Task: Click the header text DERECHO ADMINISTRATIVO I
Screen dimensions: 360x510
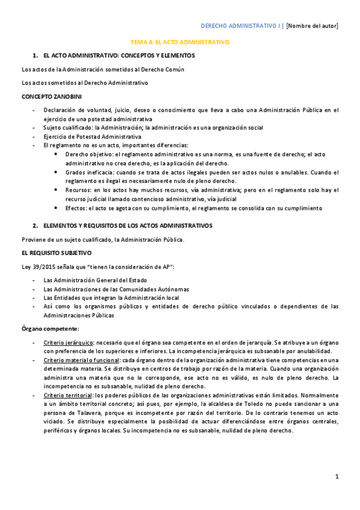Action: [241, 25]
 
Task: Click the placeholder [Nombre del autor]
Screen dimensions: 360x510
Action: [312, 25]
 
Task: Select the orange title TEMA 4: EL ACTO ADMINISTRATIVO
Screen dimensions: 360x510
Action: [180, 43]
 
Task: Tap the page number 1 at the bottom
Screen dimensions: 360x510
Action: [337, 476]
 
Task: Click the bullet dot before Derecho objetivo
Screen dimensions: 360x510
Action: [56, 154]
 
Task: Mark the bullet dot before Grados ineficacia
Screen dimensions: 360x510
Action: [56, 172]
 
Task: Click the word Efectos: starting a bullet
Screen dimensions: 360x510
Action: [76, 208]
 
